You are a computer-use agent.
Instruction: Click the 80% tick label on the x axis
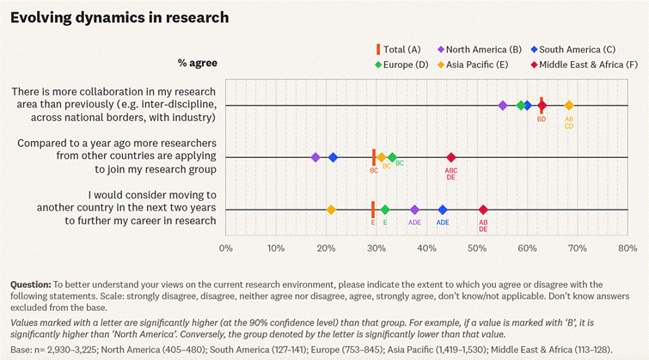pyautogui.click(x=627, y=249)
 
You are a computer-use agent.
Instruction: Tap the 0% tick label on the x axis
pyautogui.click(x=226, y=249)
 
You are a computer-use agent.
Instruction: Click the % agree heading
pyautogui.click(x=197, y=63)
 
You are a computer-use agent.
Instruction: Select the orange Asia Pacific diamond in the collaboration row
pyautogui.click(x=569, y=105)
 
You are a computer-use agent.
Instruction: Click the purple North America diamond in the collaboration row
pyautogui.click(x=503, y=105)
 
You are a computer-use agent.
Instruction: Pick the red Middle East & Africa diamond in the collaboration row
pyautogui.click(x=542, y=105)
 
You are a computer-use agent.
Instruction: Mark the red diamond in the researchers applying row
pyautogui.click(x=451, y=157)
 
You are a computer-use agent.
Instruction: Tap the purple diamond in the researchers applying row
pyautogui.click(x=315, y=157)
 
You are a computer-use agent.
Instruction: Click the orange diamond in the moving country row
pyautogui.click(x=331, y=210)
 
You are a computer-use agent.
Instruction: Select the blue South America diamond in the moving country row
pyautogui.click(x=443, y=210)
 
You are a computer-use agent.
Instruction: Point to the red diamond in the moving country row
pyautogui.click(x=483, y=210)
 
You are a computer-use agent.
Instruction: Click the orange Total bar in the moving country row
pyautogui.click(x=372, y=210)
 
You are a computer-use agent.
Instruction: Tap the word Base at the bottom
pyautogui.click(x=22, y=350)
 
